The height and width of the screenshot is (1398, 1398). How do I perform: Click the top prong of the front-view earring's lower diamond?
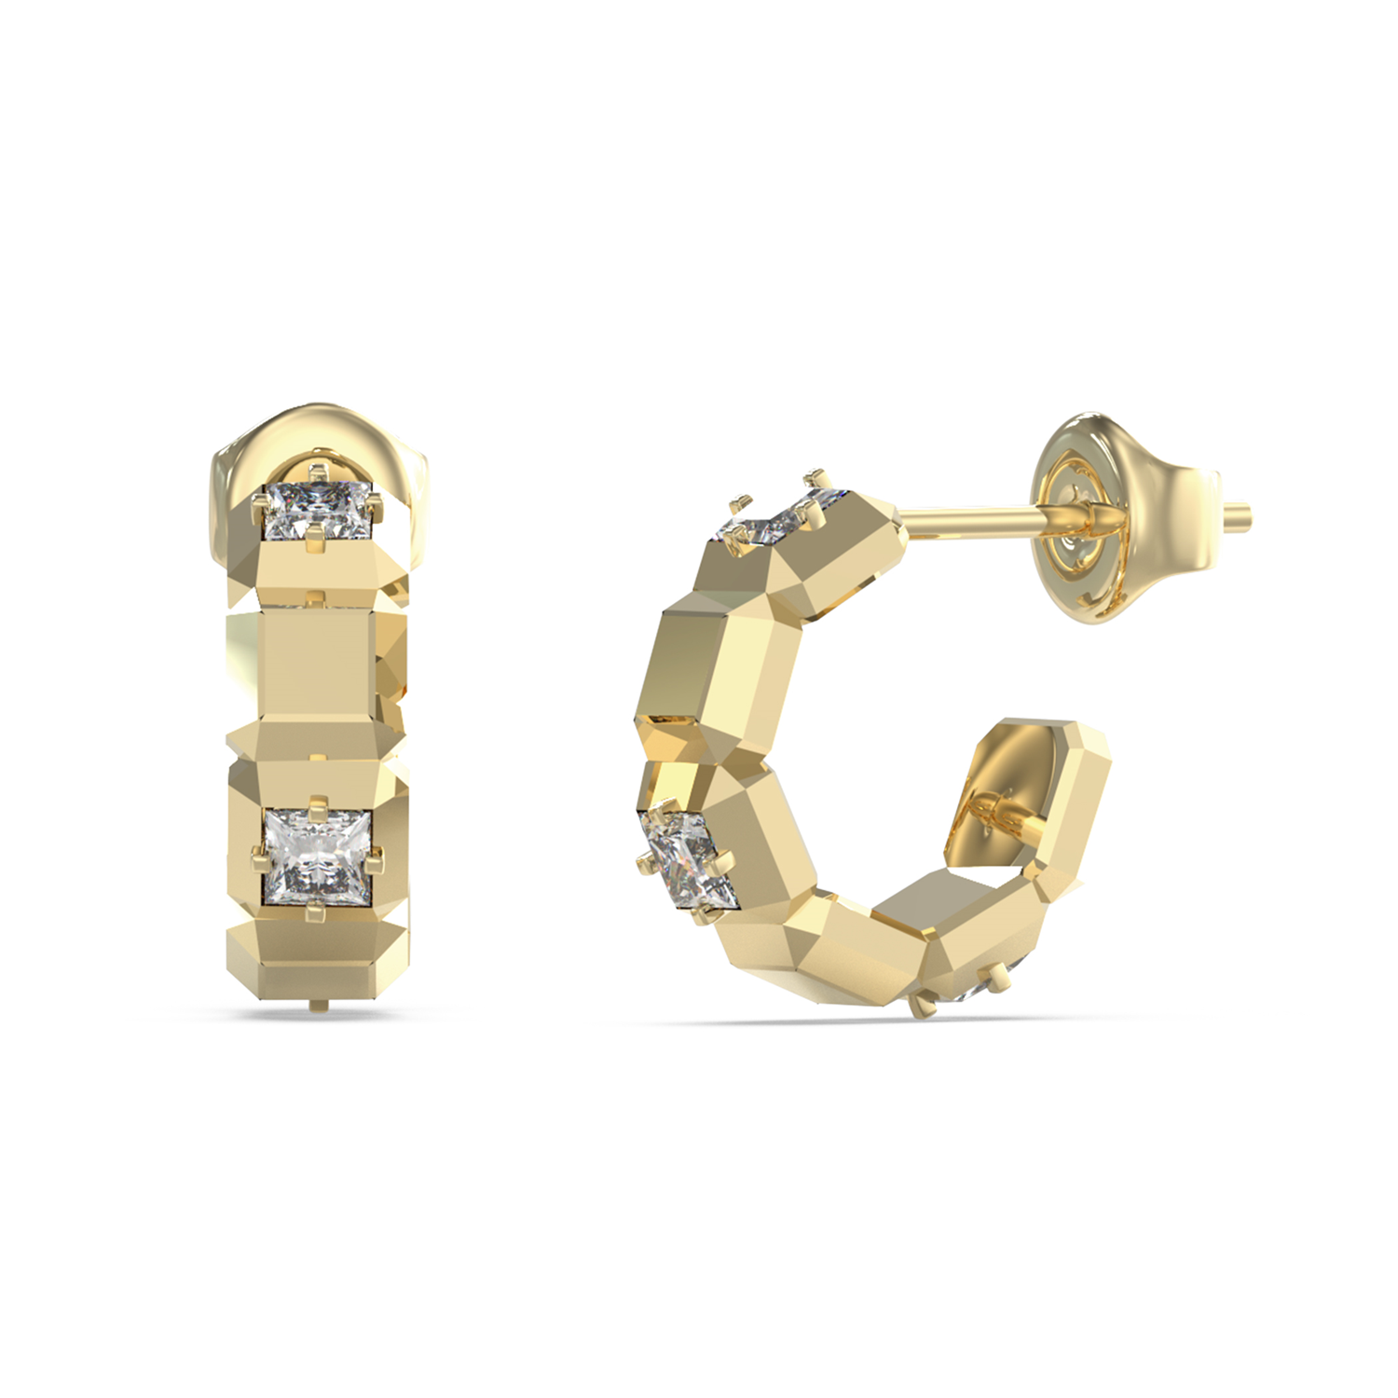(x=318, y=801)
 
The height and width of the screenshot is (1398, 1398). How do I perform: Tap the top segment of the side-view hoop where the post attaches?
(x=829, y=559)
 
